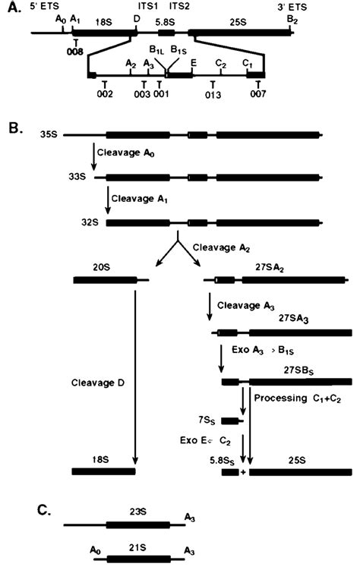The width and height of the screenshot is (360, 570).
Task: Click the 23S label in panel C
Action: pyautogui.click(x=134, y=512)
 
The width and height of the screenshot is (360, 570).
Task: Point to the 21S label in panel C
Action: pyautogui.click(x=134, y=543)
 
